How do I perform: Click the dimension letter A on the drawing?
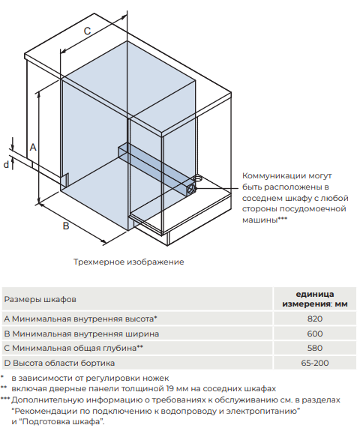tap(33, 145)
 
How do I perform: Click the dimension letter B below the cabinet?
tap(66, 225)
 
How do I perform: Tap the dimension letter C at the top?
tap(87, 31)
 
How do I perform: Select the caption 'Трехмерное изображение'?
tap(128, 262)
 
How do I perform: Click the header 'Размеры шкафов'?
tap(40, 298)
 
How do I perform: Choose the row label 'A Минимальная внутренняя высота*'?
tap(86, 319)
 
